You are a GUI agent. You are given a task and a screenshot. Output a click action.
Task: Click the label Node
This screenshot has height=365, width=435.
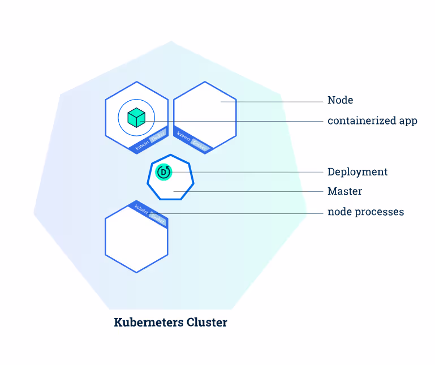click(340, 100)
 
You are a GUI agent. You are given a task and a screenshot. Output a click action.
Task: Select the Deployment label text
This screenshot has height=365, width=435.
click(358, 172)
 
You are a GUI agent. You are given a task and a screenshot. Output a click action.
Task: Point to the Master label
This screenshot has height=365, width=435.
click(344, 191)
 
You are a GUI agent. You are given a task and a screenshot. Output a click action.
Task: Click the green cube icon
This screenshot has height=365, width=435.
click(136, 117)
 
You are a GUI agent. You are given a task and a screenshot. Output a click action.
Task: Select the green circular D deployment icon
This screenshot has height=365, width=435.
click(163, 172)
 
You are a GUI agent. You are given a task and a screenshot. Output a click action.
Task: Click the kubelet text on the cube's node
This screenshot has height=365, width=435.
click(142, 142)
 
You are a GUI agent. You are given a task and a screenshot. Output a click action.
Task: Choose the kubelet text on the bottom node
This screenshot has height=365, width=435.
click(140, 209)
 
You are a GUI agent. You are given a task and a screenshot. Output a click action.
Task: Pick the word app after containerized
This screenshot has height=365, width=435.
click(407, 121)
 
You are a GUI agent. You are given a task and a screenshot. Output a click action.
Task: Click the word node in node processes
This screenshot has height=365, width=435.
click(338, 212)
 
